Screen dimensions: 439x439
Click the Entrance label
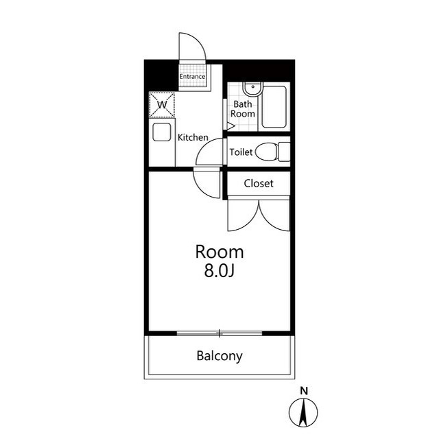(192, 76)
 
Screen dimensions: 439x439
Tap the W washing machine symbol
(162, 105)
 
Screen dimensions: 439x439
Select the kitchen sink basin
(162, 132)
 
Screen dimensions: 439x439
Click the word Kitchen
(193, 137)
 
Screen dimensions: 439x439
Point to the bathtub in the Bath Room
(274, 107)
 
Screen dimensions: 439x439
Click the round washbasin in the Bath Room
(252, 89)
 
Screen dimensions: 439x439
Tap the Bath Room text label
(242, 109)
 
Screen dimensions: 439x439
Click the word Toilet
(241, 152)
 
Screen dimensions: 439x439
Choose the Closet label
(259, 183)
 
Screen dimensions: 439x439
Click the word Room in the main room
(219, 252)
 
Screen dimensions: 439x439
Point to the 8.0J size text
(219, 270)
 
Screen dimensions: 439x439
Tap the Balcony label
(219, 356)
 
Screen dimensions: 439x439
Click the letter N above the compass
(304, 391)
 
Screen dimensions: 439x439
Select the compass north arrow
(303, 412)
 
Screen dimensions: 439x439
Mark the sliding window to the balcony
(219, 333)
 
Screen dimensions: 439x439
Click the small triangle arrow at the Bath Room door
(230, 126)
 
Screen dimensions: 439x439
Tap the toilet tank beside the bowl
(284, 152)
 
